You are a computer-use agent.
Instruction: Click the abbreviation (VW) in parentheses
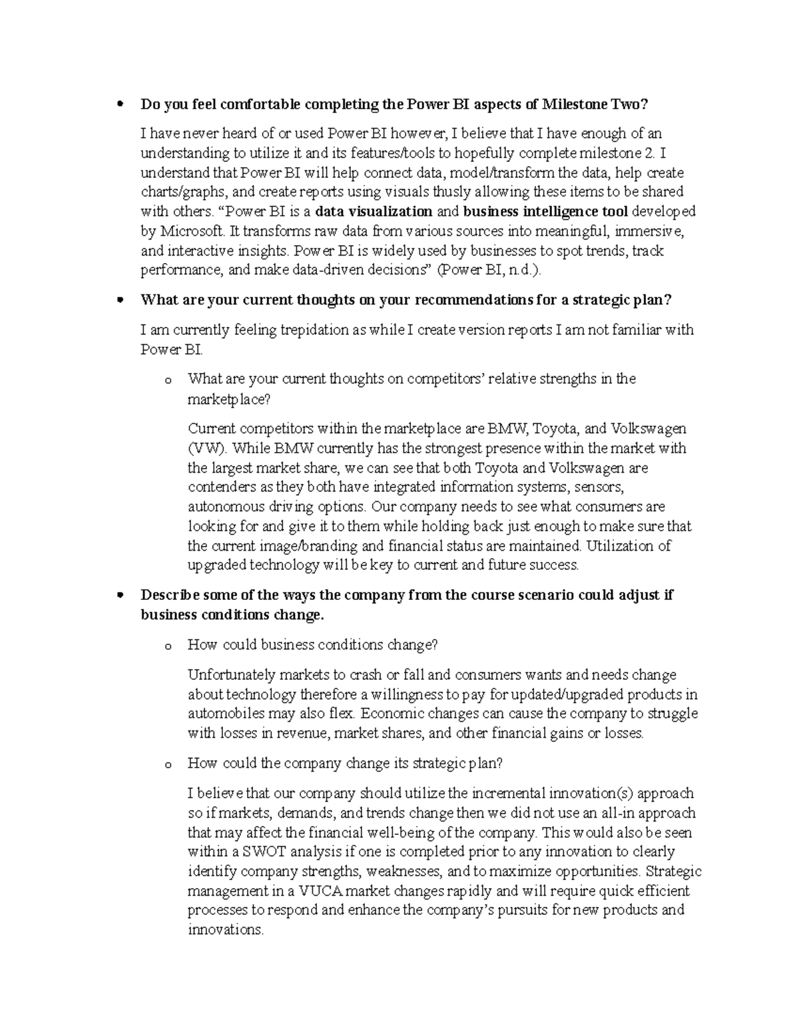(x=207, y=448)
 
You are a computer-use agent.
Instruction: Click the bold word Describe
(x=169, y=595)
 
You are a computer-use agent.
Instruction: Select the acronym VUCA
(x=320, y=892)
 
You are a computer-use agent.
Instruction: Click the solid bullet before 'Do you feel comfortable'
(x=121, y=105)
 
